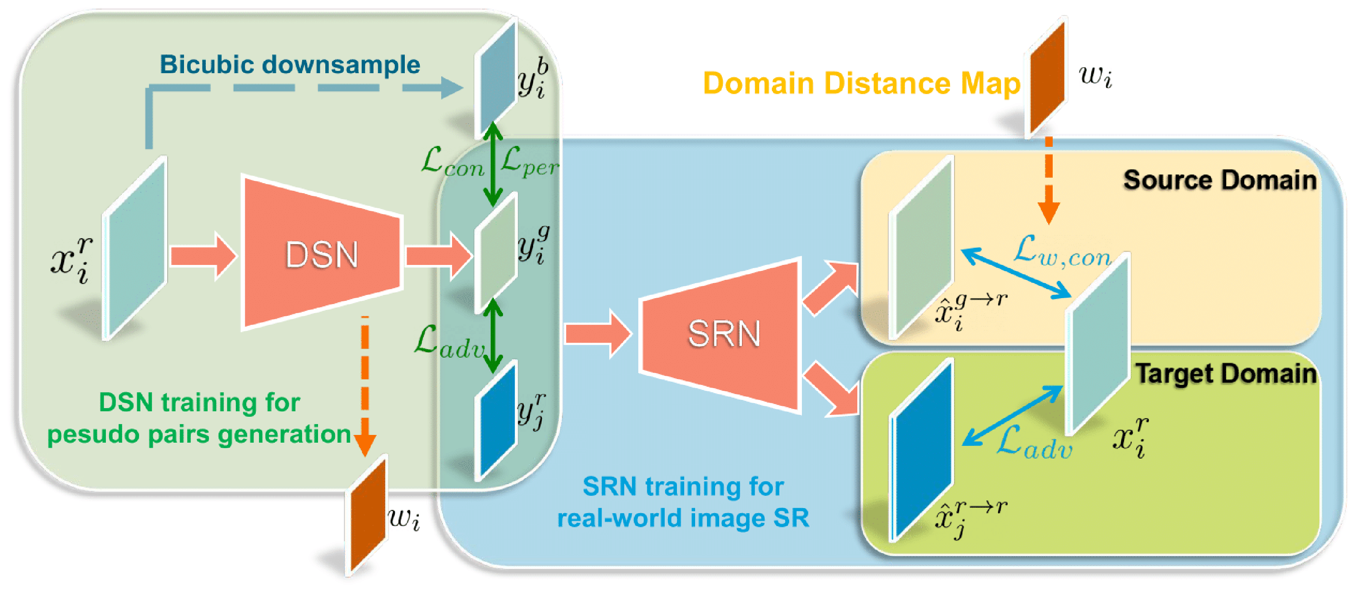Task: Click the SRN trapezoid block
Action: pos(722,334)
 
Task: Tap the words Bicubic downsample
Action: pos(290,65)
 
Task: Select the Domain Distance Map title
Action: pos(861,84)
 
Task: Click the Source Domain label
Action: pos(1219,180)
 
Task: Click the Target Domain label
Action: pos(1225,374)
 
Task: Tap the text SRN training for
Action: pos(682,486)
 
